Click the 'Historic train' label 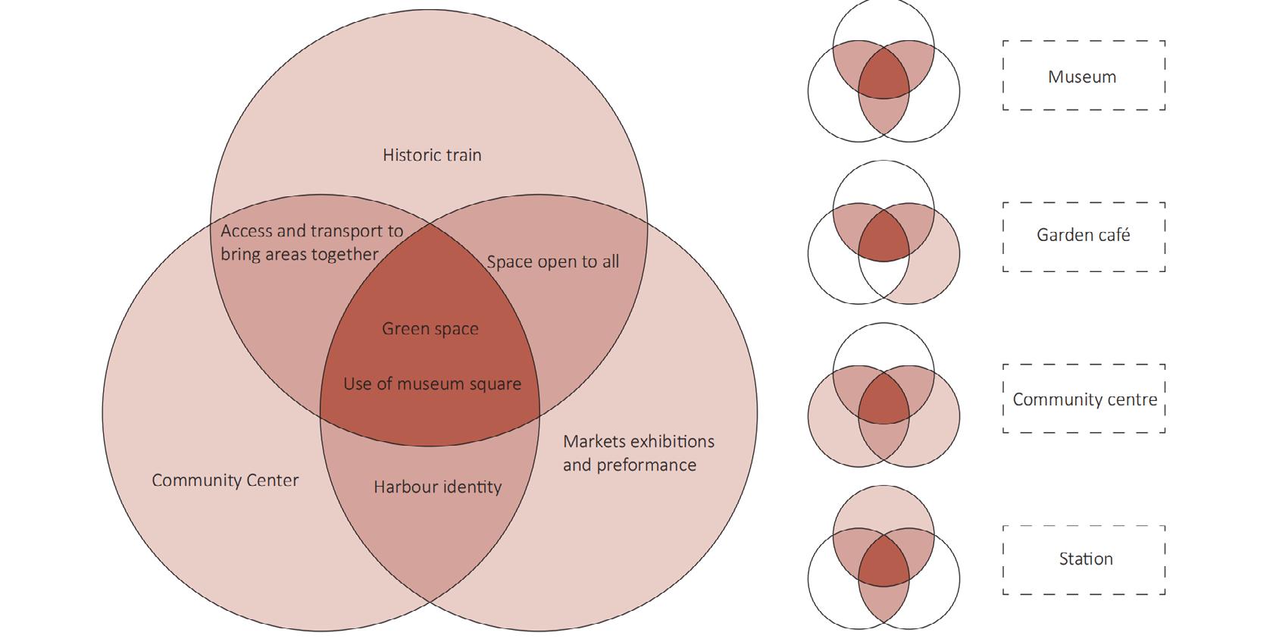click(x=432, y=155)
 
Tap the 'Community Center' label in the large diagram click(x=225, y=481)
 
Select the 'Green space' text click(x=430, y=329)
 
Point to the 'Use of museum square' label click(x=432, y=384)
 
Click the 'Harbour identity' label click(x=437, y=487)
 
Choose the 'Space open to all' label click(x=552, y=262)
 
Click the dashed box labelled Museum click(x=1083, y=76)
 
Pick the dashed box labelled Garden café click(x=1083, y=236)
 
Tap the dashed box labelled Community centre click(x=1084, y=399)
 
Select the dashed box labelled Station click(x=1084, y=559)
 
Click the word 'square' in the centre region click(x=497, y=384)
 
